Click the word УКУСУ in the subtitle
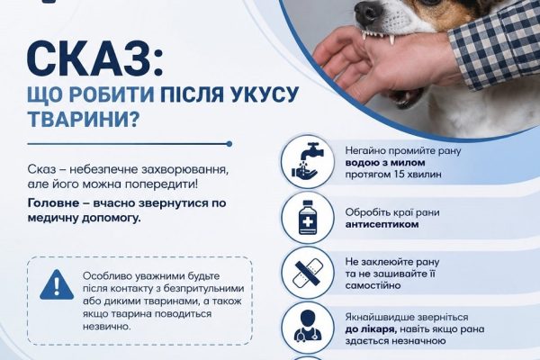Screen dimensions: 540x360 coord(262,94)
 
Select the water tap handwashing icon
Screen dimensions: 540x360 coord(308,161)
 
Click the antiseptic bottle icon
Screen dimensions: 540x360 coord(308,218)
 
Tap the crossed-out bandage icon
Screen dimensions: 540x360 coord(308,273)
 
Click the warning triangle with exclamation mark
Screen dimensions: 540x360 coord(57,285)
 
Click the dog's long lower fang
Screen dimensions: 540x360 coord(391,40)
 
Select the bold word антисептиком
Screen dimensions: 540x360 coord(382,224)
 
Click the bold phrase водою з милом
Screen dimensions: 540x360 coord(385,163)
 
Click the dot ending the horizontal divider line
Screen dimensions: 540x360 coord(229,144)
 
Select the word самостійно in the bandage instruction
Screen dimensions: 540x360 coord(373,285)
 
